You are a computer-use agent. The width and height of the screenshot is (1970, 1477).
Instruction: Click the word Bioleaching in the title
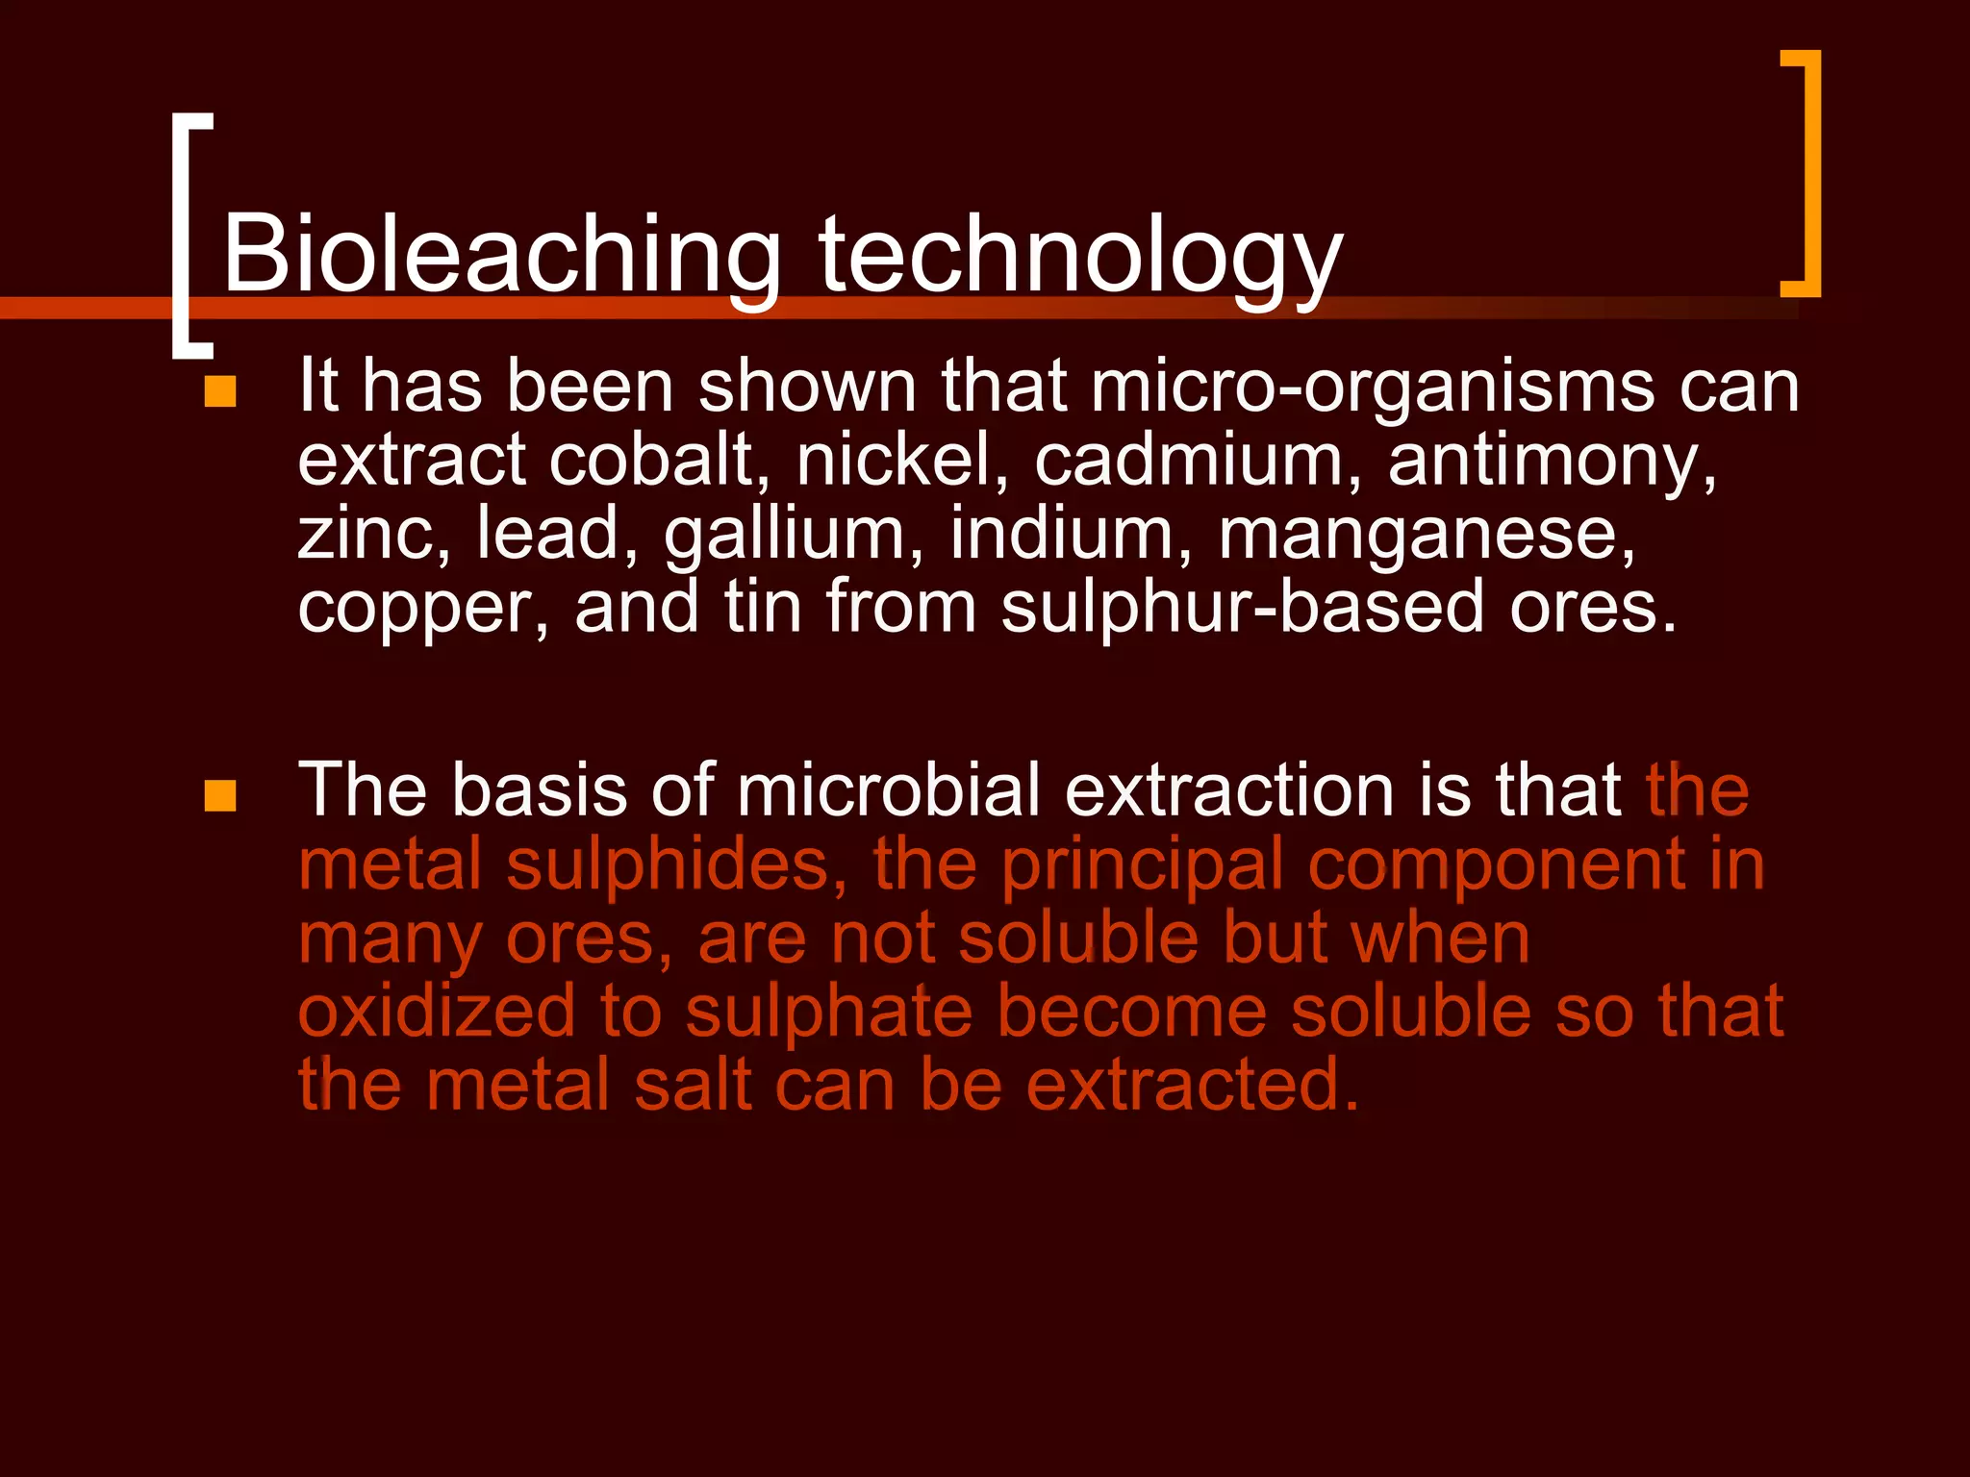tap(500, 255)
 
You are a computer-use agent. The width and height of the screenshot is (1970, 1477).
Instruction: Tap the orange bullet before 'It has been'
tap(220, 391)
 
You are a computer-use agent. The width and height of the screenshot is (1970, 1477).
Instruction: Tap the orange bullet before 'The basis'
tap(220, 795)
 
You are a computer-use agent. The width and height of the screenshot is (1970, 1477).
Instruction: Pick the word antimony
tap(1551, 462)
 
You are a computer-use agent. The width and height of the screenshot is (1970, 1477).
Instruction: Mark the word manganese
tap(1427, 536)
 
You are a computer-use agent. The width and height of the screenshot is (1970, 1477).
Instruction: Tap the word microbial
tap(888, 790)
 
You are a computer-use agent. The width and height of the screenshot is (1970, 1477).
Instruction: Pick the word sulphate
tap(828, 1014)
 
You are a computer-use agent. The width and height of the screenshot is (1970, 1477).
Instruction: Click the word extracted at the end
tap(1192, 1085)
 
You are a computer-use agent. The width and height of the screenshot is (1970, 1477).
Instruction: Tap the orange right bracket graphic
tap(1803, 173)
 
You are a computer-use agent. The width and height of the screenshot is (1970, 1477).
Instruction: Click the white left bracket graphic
tap(190, 236)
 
